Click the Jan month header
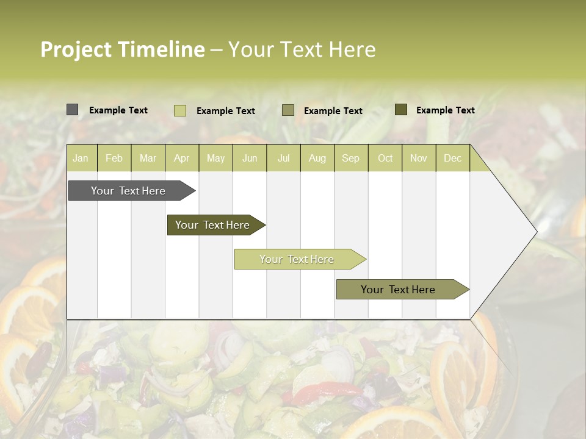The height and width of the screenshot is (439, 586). [x=81, y=159]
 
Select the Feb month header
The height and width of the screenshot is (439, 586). [x=114, y=159]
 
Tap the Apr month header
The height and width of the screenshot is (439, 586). [x=182, y=159]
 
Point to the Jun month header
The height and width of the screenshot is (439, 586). [x=250, y=159]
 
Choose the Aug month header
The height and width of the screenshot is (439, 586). [x=317, y=159]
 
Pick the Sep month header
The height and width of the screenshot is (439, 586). [x=351, y=159]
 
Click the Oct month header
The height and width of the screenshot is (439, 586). [x=385, y=159]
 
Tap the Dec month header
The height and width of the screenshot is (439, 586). [x=453, y=159]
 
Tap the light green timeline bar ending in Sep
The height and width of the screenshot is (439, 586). [x=297, y=259]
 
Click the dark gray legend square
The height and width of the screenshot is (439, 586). [x=73, y=110]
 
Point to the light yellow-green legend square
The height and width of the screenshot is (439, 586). [x=180, y=110]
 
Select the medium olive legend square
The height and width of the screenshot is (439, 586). [x=288, y=110]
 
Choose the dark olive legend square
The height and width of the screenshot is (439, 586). [x=401, y=110]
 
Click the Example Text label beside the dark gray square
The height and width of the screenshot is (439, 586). [x=118, y=110]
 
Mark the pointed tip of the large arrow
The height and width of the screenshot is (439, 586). [x=537, y=232]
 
